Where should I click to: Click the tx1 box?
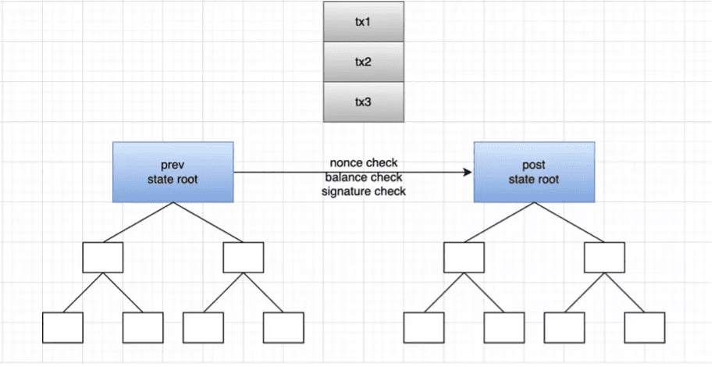[364, 22]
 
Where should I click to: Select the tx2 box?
[364, 62]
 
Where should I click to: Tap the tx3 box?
[364, 102]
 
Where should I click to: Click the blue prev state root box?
[173, 172]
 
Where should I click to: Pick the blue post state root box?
[534, 172]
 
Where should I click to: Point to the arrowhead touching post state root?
[468, 172]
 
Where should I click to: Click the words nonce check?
[364, 162]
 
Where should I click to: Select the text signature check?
[364, 191]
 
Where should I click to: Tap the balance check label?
[364, 177]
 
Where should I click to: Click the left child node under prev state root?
[103, 258]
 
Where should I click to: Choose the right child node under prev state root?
[244, 258]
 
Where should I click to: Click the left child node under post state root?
[464, 258]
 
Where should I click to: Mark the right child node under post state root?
[605, 258]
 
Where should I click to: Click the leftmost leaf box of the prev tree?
[63, 327]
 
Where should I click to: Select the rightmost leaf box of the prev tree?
[283, 327]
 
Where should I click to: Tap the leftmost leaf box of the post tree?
[424, 327]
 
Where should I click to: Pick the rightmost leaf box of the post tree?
[645, 327]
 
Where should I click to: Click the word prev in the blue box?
[173, 165]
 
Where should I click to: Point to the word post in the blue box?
[534, 165]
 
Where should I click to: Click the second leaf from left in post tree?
[504, 327]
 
